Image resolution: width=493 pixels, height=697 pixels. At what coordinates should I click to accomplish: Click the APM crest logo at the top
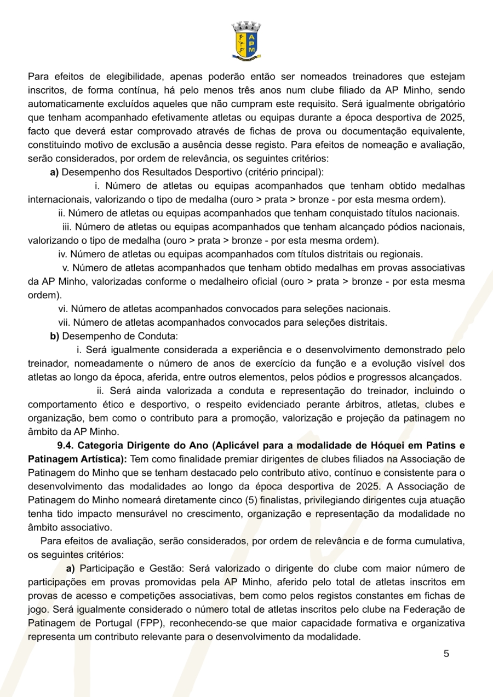click(x=246, y=39)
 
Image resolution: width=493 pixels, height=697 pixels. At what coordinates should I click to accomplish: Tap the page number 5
click(x=446, y=654)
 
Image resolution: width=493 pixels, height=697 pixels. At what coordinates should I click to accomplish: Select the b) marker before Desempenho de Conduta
click(x=54, y=335)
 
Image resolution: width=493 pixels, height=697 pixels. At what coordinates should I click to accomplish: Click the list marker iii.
click(x=67, y=227)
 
